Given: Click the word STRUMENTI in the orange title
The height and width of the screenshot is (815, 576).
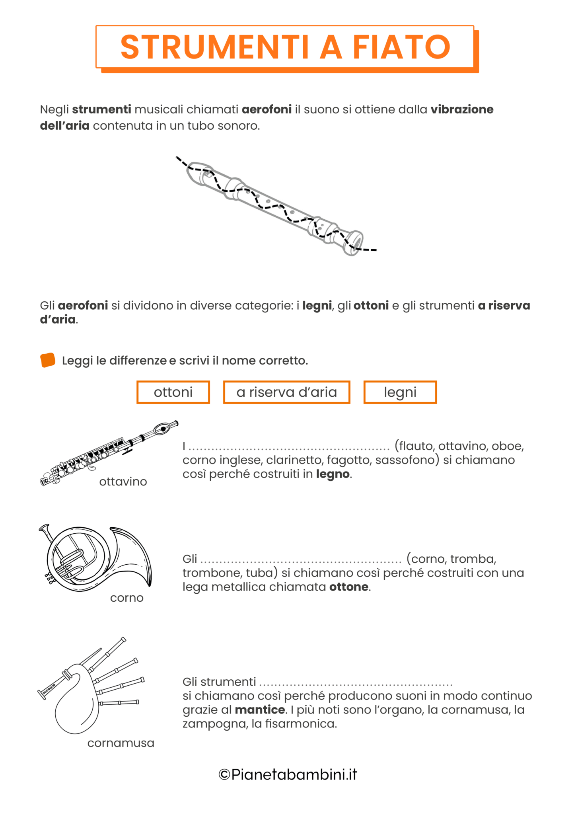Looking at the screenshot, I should coord(215,47).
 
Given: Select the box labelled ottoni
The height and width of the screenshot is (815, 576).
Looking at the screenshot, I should coord(173,392).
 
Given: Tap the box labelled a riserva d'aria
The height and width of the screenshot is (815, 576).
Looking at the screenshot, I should coord(286,392).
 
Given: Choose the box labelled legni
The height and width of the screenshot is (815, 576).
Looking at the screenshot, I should coord(400,392).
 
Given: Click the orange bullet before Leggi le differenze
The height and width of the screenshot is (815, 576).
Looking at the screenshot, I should coord(48,360).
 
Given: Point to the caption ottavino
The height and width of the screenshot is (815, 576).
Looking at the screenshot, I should coord(123,482).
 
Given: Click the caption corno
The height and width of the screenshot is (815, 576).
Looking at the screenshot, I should coord(126,598).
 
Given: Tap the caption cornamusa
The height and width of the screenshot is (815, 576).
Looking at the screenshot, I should coord(121,743).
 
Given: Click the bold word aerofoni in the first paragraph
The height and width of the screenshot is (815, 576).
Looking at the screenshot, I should coord(267,109).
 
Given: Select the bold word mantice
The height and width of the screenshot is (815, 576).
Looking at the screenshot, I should coord(260,710).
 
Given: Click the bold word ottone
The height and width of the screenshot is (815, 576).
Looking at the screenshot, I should coord(349,587).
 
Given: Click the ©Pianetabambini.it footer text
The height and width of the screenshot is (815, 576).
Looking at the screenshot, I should coord(288,775).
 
